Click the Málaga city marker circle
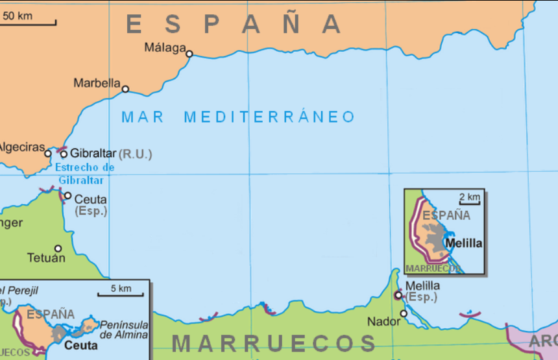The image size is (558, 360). pyautogui.click(x=189, y=54)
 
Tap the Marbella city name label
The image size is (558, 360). pyautogui.click(x=97, y=83)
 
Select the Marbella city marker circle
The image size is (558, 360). pyautogui.click(x=125, y=89)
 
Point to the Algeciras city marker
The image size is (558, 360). pyautogui.click(x=47, y=154)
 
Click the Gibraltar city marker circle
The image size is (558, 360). pyautogui.click(x=64, y=154)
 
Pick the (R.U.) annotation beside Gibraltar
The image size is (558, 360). pyautogui.click(x=135, y=154)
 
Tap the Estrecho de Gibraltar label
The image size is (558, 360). pyautogui.click(x=86, y=174)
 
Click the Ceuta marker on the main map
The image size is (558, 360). pyautogui.click(x=67, y=195)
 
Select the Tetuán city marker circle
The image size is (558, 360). pyautogui.click(x=58, y=248)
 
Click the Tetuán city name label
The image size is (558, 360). pyautogui.click(x=46, y=258)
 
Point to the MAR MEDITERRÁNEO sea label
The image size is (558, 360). pyautogui.click(x=238, y=117)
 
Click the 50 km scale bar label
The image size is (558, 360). pyautogui.click(x=18, y=16)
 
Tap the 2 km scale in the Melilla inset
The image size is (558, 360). pyautogui.click(x=469, y=197)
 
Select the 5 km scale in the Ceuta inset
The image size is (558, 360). pyautogui.click(x=121, y=289)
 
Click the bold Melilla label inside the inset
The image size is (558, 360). pyautogui.click(x=465, y=243)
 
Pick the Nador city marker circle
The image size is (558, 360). pyautogui.click(x=404, y=313)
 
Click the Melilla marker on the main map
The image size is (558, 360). pyautogui.click(x=398, y=295)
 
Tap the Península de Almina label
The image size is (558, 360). pyautogui.click(x=123, y=330)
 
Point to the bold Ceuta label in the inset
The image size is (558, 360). pyautogui.click(x=81, y=346)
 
